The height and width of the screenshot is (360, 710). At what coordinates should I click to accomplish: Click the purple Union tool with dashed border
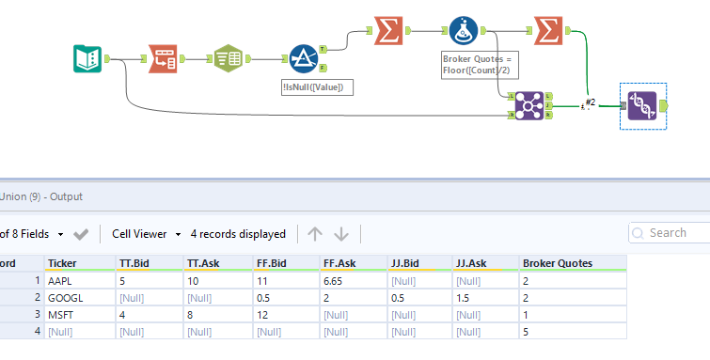click(x=642, y=106)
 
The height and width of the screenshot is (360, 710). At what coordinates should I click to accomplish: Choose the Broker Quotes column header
click(x=559, y=263)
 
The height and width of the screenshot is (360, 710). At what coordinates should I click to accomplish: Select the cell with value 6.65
click(x=336, y=281)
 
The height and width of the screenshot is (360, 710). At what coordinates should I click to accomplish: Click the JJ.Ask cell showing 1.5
click(x=463, y=298)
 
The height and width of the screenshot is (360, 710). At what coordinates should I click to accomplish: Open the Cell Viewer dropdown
click(x=146, y=233)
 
